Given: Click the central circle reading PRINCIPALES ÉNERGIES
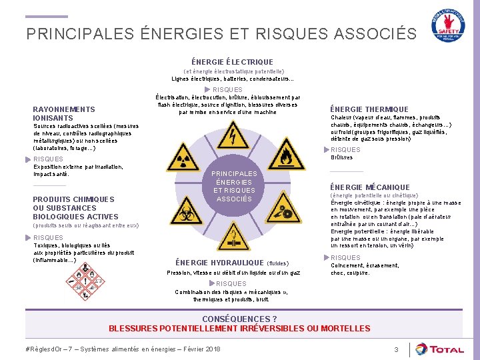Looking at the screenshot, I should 234,186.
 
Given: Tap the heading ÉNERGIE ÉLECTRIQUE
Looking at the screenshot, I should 232,62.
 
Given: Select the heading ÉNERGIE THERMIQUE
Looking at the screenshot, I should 369,109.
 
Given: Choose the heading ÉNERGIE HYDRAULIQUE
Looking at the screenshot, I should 220,263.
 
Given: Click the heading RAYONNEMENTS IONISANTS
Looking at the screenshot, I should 64,113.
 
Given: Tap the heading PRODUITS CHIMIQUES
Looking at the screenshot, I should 73,199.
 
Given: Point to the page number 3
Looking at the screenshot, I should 396,349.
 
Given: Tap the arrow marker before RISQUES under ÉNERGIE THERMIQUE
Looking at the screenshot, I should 327,149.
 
